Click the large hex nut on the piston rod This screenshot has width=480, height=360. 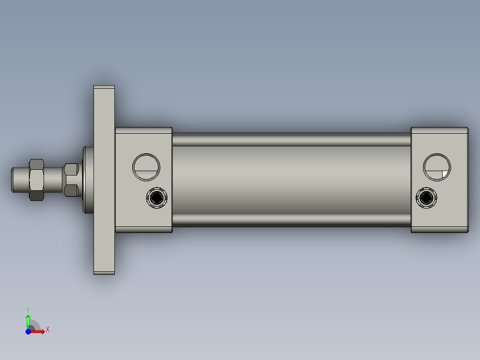[x=36, y=180]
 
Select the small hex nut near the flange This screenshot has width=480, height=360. [x=71, y=180]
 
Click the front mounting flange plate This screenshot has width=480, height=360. [x=104, y=223]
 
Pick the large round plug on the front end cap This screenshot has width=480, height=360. [x=146, y=167]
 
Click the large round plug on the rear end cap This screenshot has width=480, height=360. [x=437, y=167]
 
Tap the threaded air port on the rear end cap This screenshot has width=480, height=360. [x=426, y=197]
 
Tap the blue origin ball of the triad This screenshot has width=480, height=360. [x=28, y=331]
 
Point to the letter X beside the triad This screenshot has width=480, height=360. [x=47, y=330]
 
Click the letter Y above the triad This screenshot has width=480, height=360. [x=28, y=309]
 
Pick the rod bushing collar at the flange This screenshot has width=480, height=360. [x=88, y=180]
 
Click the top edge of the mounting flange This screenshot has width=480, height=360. [x=104, y=86]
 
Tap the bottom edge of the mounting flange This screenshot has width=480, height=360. [x=104, y=273]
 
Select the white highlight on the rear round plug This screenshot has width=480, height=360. [x=444, y=174]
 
